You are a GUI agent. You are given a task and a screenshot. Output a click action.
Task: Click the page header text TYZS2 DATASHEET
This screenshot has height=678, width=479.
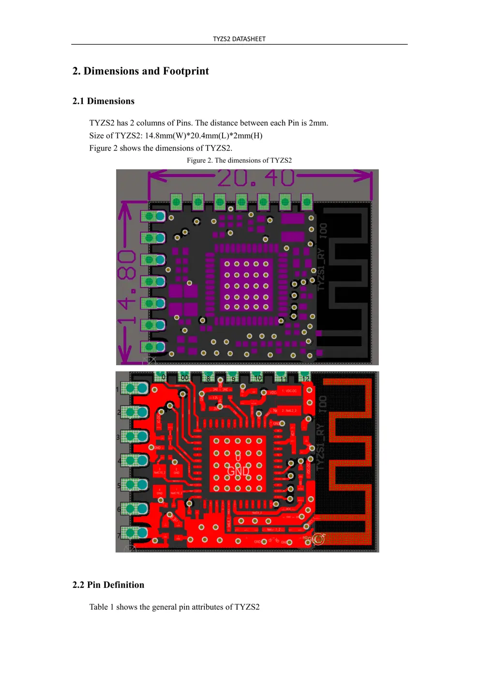click(x=239, y=39)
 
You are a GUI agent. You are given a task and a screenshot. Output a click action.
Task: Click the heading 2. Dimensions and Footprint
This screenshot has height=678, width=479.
click(x=140, y=71)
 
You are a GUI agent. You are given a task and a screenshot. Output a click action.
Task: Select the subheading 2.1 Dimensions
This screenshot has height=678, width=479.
click(x=104, y=101)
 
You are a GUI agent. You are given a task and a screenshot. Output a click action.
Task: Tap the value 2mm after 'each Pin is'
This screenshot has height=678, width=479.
click(x=318, y=123)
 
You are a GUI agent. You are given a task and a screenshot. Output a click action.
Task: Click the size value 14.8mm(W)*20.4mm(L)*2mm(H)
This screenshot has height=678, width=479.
click(x=203, y=136)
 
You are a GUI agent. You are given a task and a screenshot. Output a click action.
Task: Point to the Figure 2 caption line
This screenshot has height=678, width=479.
click(x=239, y=160)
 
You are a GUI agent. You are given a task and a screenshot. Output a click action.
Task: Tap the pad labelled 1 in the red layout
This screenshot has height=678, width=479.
click(x=134, y=388)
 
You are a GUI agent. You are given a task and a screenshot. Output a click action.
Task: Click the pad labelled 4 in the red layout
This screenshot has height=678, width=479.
click(x=134, y=460)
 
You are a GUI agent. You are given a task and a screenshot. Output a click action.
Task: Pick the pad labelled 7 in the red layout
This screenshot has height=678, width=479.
click(x=134, y=533)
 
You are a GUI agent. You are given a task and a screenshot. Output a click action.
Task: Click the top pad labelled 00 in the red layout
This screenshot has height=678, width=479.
click(x=184, y=377)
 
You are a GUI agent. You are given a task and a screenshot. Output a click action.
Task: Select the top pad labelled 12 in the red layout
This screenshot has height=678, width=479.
click(x=305, y=377)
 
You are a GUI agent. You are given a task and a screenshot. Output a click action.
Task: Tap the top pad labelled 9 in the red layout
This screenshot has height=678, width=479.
click(x=233, y=378)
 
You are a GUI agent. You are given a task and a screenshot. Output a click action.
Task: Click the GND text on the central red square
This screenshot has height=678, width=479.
click(x=238, y=471)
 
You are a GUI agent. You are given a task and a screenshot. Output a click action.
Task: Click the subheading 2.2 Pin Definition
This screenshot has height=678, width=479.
click(x=108, y=585)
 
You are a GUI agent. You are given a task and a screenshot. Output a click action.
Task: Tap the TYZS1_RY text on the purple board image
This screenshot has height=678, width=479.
click(x=321, y=269)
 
